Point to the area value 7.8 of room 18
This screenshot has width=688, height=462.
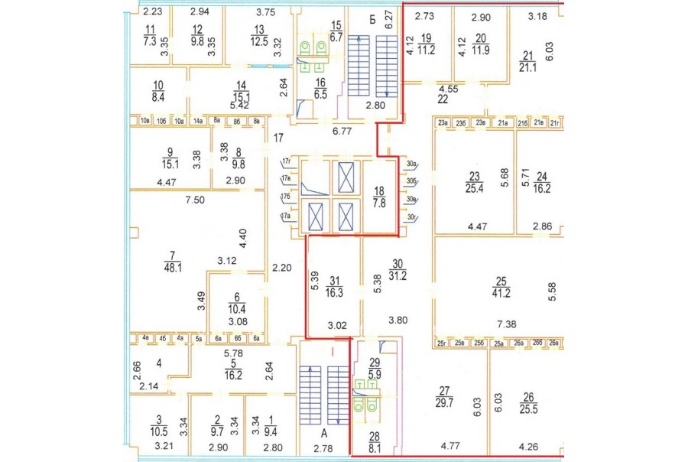(x=379, y=203)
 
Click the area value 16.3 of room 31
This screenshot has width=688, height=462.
(x=333, y=291)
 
